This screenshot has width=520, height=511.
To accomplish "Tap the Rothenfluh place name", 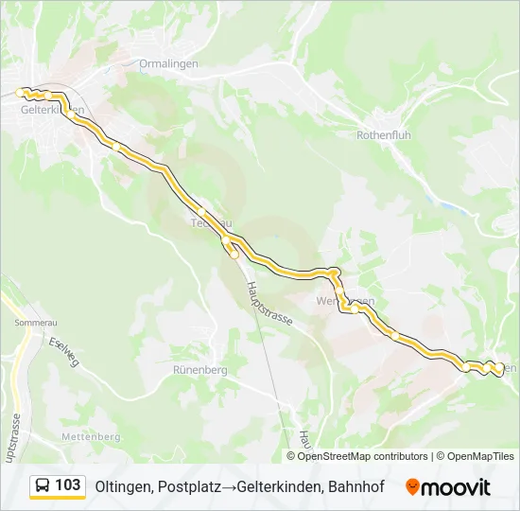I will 383,135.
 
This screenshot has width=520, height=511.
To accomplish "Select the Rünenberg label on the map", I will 200,370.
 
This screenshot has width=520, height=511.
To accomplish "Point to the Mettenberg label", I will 91,436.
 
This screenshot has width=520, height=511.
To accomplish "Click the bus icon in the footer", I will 43,485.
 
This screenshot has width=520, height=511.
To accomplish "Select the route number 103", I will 68,485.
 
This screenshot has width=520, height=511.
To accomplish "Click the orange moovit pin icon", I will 412,486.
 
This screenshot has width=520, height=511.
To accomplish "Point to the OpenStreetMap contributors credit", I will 363,456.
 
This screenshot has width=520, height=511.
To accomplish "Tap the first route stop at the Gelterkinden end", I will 19,92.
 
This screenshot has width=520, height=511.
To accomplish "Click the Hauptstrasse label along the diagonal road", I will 269,303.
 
